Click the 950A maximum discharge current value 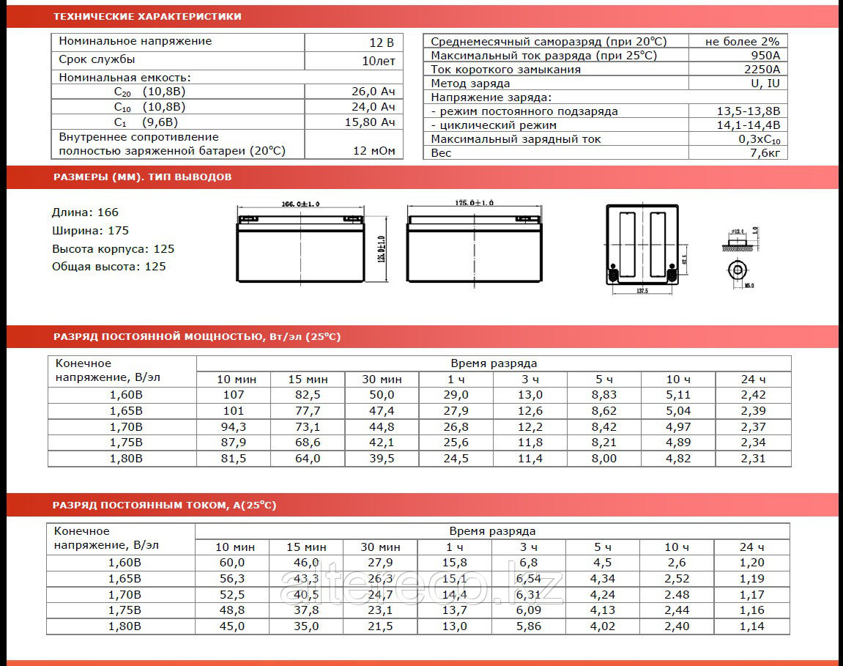(765, 56)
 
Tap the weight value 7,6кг (765, 153)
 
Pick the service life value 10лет (379, 61)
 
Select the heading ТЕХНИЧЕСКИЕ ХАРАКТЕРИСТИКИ (147, 16)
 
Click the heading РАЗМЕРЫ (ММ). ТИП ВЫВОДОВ (143, 177)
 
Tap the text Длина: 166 (85, 212)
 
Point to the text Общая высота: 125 (109, 267)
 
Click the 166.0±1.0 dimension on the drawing (301, 203)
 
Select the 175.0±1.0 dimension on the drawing (474, 202)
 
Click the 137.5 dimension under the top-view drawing (642, 290)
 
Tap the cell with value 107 (234, 395)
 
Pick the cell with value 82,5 (308, 395)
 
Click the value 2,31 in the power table (753, 459)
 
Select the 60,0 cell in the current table (231, 563)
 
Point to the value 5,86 (528, 626)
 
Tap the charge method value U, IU (765, 84)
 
